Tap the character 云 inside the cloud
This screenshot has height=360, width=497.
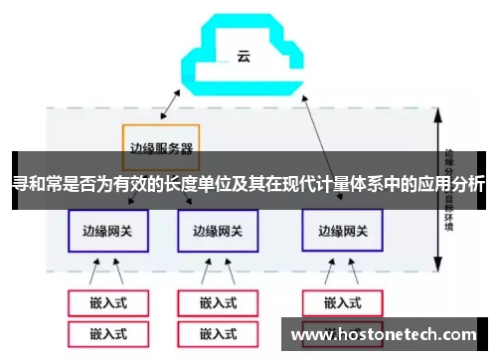(243, 56)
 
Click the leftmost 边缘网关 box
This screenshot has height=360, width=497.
(106, 231)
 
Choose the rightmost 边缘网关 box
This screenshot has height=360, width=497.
(340, 231)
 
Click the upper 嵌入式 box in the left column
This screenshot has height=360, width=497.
(106, 302)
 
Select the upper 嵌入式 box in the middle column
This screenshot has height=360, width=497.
(216, 302)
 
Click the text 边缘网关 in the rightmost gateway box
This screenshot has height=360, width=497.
(340, 231)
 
